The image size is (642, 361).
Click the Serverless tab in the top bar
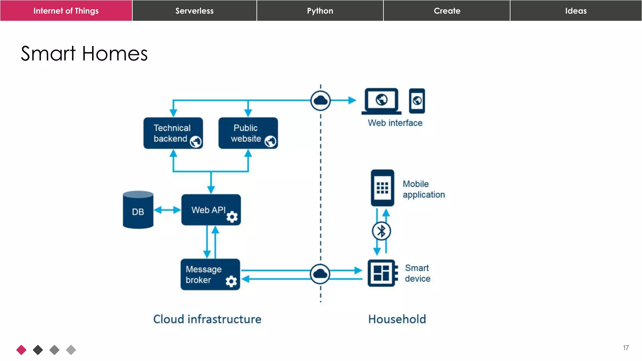click(194, 11)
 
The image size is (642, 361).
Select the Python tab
click(320, 11)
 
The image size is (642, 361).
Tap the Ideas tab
click(576, 11)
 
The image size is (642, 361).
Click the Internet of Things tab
click(66, 11)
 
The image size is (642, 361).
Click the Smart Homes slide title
click(84, 53)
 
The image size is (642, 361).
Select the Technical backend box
click(173, 133)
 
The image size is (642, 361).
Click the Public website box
click(248, 133)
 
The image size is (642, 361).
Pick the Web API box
click(211, 210)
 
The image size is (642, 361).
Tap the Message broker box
click(210, 274)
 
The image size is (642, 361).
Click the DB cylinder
click(138, 210)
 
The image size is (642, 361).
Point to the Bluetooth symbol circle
click(381, 231)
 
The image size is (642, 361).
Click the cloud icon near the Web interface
click(320, 101)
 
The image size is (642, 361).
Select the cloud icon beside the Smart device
click(320, 274)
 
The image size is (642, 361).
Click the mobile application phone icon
click(382, 188)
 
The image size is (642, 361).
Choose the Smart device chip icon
click(382, 273)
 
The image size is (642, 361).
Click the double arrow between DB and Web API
click(167, 210)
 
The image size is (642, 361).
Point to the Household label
click(397, 319)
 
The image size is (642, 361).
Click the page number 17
click(626, 348)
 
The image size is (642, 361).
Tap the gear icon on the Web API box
click(232, 217)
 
